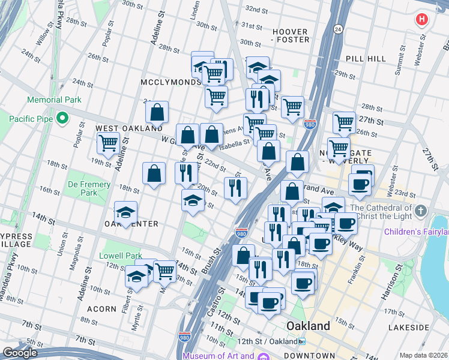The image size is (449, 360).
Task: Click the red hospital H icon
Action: [422, 19]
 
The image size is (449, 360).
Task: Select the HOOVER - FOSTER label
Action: [290, 36]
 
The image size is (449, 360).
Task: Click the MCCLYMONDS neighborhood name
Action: [171, 82]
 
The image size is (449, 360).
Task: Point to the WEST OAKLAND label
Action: [129, 128]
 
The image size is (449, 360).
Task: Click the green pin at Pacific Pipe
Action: [62, 119]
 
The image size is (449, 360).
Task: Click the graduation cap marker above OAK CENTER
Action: [125, 212]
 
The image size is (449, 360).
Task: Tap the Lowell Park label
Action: [121, 256]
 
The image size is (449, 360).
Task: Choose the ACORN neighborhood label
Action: [101, 309]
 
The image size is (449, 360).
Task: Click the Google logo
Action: [20, 352]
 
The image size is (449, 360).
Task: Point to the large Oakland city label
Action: [308, 326]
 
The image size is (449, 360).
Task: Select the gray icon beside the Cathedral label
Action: [421, 211]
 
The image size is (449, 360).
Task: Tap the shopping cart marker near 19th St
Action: [108, 143]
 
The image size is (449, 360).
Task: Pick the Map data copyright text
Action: [423, 355]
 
